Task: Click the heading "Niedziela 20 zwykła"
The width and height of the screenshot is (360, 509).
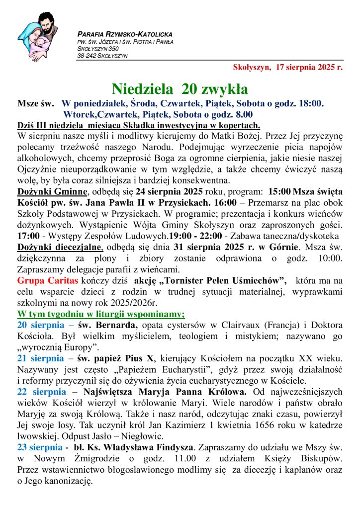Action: coord(180,89)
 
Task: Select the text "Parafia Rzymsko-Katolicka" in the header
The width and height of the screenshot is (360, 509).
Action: coord(125,34)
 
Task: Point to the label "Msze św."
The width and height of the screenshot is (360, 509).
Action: coord(35,103)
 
